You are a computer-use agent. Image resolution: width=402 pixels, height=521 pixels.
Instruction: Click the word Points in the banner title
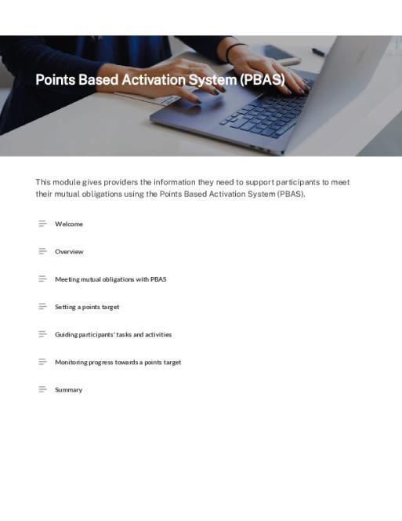click(x=55, y=80)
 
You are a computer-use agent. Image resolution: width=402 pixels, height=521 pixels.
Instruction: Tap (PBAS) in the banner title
click(x=262, y=80)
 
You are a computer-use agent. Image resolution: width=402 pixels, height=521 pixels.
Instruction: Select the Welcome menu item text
click(x=69, y=224)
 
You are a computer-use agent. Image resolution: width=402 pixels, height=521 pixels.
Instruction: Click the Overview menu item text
click(x=69, y=252)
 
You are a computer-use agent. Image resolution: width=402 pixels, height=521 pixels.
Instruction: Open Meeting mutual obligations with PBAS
click(x=110, y=279)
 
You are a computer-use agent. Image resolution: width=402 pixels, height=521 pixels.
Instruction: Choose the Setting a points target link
click(x=87, y=307)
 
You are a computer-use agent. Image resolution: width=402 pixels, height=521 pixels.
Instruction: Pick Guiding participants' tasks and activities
click(x=113, y=334)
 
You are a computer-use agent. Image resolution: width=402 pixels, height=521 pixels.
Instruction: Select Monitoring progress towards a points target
click(x=118, y=363)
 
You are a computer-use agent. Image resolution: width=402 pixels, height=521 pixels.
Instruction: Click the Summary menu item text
click(x=68, y=390)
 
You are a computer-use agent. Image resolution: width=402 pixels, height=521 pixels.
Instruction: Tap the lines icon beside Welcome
click(x=43, y=224)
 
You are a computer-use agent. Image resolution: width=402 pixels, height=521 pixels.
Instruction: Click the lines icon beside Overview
click(x=43, y=251)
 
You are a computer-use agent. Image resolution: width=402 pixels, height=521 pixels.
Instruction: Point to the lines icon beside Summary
click(x=43, y=389)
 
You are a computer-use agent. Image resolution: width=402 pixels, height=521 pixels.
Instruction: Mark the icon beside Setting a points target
click(x=43, y=306)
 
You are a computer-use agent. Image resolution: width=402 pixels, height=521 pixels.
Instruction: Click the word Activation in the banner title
click(x=154, y=80)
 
